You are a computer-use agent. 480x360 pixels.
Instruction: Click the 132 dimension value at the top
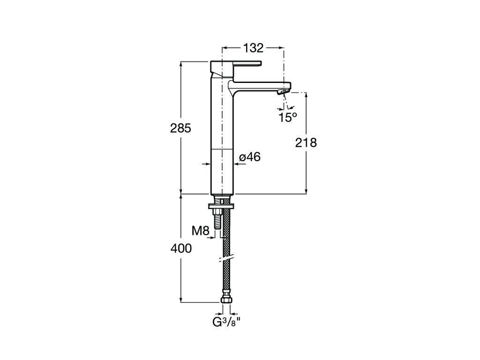[253, 48]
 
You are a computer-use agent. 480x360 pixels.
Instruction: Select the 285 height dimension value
[180, 128]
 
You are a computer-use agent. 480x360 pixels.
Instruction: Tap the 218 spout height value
[306, 142]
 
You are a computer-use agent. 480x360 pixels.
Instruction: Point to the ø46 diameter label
[249, 157]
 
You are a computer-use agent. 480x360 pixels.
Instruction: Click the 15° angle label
[288, 118]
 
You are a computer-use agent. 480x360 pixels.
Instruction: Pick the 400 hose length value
[181, 248]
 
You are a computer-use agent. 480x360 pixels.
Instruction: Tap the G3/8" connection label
[225, 322]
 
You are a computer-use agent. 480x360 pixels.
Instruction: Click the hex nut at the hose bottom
[225, 299]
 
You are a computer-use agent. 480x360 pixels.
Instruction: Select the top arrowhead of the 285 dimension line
[181, 64]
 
